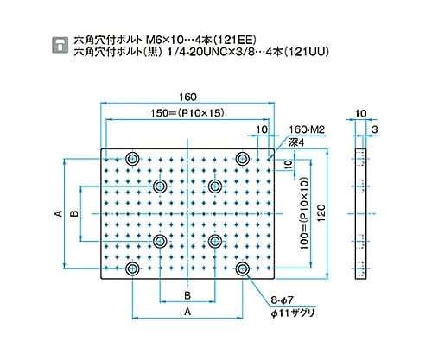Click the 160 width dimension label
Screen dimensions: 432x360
tap(187, 97)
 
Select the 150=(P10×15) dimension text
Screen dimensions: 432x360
tap(187, 113)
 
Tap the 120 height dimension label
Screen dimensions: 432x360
tap(321, 212)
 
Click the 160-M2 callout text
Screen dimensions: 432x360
tap(307, 129)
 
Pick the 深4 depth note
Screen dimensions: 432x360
tap(296, 142)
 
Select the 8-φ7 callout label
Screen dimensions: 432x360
tap(282, 300)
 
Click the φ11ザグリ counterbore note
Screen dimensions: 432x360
tap(292, 313)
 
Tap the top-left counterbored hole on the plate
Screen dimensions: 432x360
tap(132, 159)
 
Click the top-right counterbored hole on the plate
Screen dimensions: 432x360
tap(243, 159)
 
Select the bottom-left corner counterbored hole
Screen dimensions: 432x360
tap(132, 268)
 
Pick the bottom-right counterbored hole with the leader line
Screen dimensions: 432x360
tap(243, 268)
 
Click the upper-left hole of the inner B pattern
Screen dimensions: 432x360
tap(160, 186)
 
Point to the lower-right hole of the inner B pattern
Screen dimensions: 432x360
tap(215, 241)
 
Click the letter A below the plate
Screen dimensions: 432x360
tap(187, 312)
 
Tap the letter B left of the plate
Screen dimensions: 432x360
tap(74, 213)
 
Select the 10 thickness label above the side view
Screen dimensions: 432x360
tap(360, 114)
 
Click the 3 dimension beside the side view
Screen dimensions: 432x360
tap(374, 129)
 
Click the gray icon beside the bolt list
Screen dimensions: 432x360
tap(60, 45)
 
